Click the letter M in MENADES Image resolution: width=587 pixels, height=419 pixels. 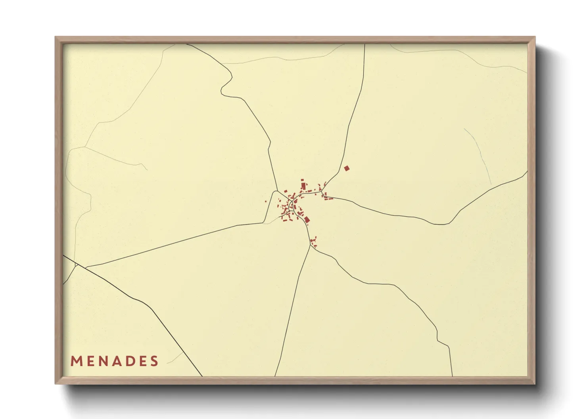tap(76, 361)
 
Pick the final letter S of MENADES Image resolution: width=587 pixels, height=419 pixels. tap(154, 361)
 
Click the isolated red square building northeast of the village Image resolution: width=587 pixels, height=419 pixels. tap(347, 168)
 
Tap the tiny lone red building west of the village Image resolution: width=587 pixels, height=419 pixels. tap(266, 202)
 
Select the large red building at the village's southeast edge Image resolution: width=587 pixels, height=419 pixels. tap(307, 219)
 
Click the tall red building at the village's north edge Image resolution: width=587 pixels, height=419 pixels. tap(304, 185)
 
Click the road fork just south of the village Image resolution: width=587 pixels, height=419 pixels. tap(310, 245)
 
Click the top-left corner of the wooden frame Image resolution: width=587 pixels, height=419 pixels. tap(56, 37)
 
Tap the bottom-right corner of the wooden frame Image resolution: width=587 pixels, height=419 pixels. tap(535, 383)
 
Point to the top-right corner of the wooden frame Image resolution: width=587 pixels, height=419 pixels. tap(535, 37)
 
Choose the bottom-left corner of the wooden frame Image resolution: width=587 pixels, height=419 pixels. tap(56, 383)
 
